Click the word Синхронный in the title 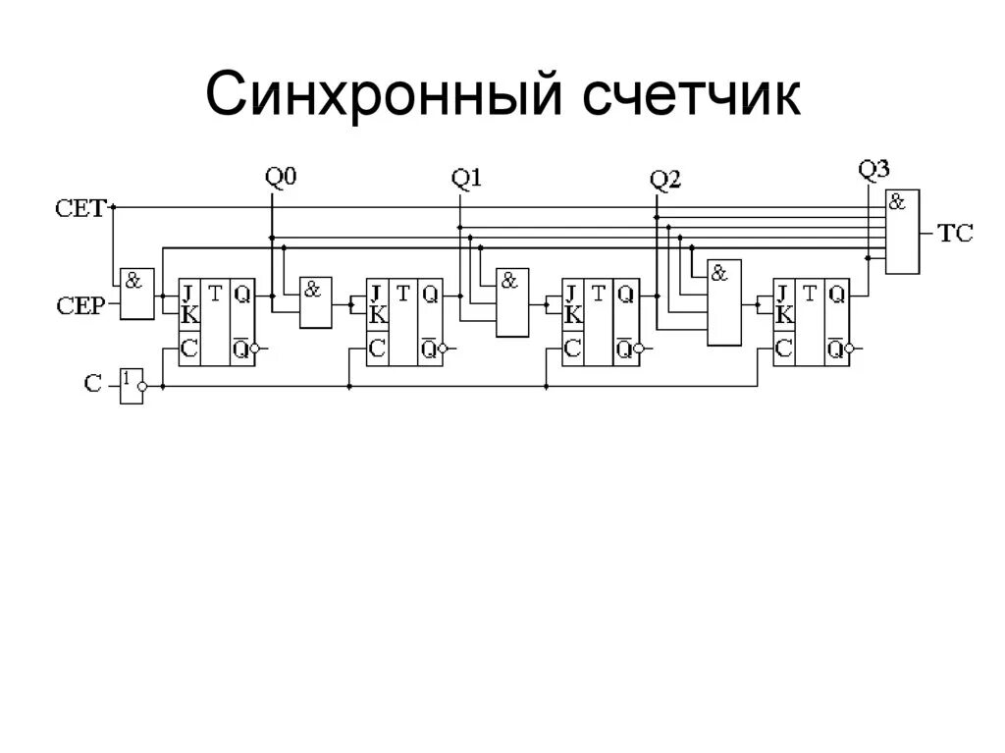click(x=386, y=98)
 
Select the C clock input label click(x=92, y=384)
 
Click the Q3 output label click(x=873, y=169)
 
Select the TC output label click(x=955, y=235)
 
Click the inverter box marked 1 click(x=131, y=384)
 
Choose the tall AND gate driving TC click(x=902, y=232)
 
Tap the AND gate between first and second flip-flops click(x=316, y=301)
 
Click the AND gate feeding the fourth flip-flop click(x=724, y=303)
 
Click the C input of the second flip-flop click(x=376, y=347)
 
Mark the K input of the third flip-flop click(x=573, y=314)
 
